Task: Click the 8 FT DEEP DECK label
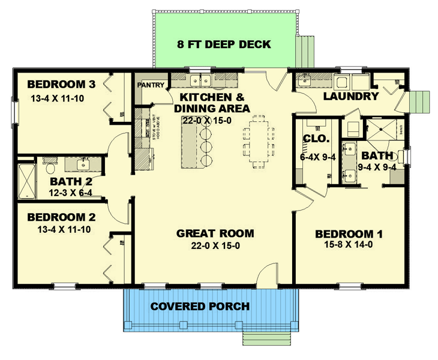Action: point(224,44)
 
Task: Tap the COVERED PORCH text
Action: point(200,307)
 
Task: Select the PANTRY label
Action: point(151,85)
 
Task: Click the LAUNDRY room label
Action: point(351,96)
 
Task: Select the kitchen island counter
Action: point(191,146)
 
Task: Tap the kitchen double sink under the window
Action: point(199,79)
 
